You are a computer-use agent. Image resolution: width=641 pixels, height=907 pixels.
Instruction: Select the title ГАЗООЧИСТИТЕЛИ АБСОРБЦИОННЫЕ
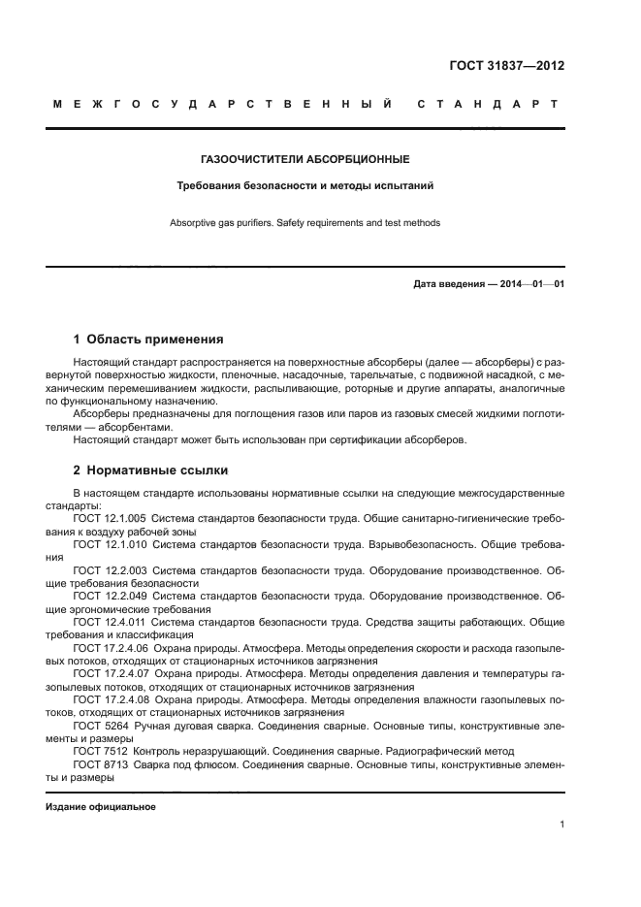pos(304,158)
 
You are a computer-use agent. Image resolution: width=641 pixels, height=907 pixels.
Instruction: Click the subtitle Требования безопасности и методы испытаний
pos(304,183)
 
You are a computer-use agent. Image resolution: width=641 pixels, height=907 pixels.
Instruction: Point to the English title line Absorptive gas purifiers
pos(304,223)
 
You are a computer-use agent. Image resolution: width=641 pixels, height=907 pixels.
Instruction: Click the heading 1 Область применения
pos(148,340)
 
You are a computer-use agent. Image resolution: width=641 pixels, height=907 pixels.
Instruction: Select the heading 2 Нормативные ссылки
pos(150,470)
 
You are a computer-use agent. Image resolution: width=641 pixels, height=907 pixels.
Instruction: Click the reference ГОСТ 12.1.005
pos(109,519)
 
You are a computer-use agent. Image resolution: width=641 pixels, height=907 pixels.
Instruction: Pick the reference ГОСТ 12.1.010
pos(109,545)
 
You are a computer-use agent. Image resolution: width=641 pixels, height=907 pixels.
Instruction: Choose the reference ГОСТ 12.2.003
pos(109,570)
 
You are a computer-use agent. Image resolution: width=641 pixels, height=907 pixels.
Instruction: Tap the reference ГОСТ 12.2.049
pos(109,596)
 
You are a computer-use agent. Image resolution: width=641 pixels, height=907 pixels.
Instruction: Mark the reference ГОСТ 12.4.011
pos(109,622)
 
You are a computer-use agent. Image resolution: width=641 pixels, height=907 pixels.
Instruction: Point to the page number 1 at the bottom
pos(561,825)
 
